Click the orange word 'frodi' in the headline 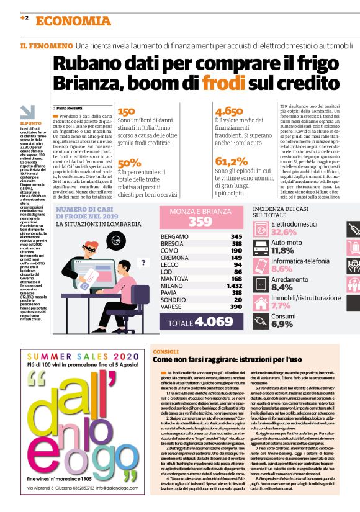tap(202, 83)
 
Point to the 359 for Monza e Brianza tap(200, 222)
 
